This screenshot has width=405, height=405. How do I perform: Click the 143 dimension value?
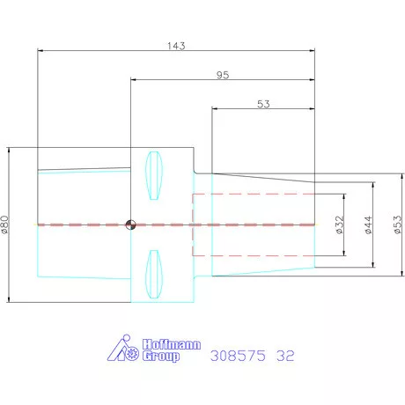pos(176,46)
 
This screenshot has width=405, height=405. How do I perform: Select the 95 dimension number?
pos(223,75)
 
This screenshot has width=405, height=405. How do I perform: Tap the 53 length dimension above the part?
pos(263,104)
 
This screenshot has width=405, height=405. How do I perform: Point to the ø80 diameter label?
pos(5,225)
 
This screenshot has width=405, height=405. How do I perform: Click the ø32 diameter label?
pos(339,225)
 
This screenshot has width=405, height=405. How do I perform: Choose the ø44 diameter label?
pos(368,225)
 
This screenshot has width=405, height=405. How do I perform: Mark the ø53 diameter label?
pos(397,225)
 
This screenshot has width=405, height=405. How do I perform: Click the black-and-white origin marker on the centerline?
pos(130,225)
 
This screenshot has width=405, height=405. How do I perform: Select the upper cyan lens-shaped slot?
pos(154,175)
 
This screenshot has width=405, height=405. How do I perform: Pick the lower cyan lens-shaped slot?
pos(154,274)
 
